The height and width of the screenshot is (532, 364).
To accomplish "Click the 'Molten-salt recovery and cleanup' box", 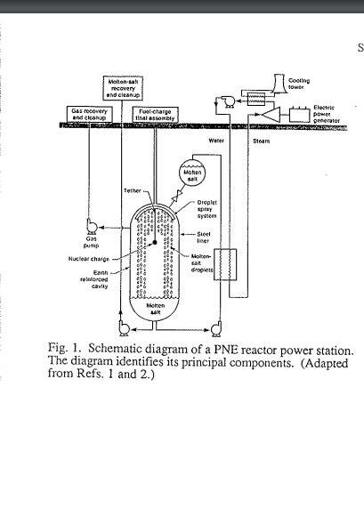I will pos(120,88).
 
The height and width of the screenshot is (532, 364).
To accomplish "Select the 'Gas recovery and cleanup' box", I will pos(89,114).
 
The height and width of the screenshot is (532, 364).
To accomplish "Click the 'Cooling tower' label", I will pos(299,83).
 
